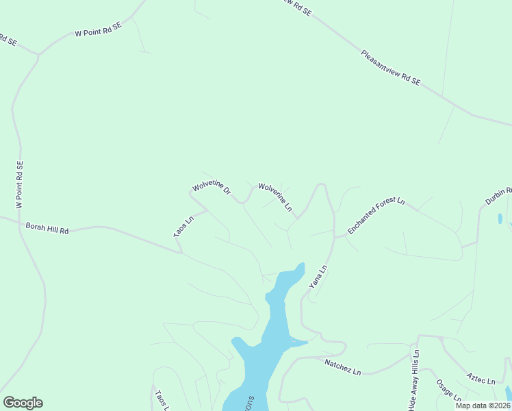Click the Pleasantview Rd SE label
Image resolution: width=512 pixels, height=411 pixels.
pyautogui.click(x=390, y=67)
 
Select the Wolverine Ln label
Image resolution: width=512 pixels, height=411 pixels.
pyautogui.click(x=275, y=197)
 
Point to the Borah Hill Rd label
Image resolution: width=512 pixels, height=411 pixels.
pyautogui.click(x=47, y=227)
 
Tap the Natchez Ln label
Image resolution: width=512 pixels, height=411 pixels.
pyautogui.click(x=342, y=366)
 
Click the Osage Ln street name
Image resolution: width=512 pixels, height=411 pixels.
pyautogui.click(x=449, y=389)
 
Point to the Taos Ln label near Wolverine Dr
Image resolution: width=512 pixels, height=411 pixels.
pyautogui.click(x=183, y=227)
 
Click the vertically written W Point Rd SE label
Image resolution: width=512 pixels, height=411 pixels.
pyautogui.click(x=20, y=185)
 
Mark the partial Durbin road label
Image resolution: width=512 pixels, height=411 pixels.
pyautogui.click(x=499, y=196)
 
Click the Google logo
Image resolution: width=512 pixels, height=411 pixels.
pyautogui.click(x=23, y=403)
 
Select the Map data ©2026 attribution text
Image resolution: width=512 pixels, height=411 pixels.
pyautogui.click(x=483, y=406)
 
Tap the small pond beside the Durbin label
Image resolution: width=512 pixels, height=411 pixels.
pyautogui.click(x=500, y=219)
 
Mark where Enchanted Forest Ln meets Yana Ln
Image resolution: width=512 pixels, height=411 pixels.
pyautogui.click(x=334, y=238)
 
